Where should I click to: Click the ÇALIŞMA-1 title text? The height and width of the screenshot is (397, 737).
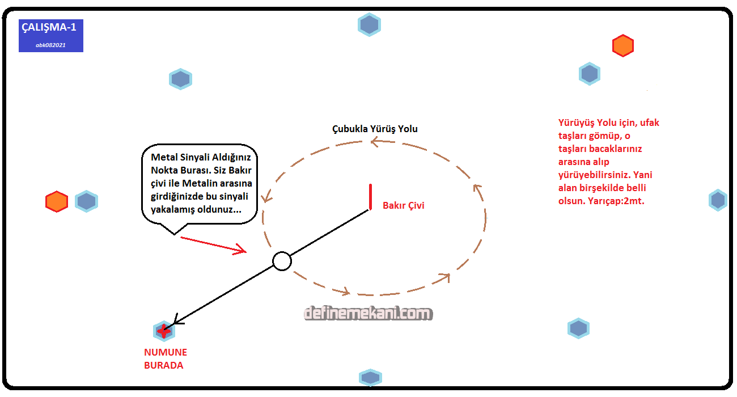[49, 27]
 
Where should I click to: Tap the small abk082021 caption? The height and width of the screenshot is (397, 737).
[50, 44]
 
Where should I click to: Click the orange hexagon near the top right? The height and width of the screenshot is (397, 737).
[622, 46]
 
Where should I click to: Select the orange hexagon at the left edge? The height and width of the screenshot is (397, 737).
[57, 202]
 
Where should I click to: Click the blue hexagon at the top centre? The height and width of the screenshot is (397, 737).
[369, 25]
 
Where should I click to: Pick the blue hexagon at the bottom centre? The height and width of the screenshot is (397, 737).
[370, 377]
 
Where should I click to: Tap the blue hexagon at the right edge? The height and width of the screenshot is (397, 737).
[718, 200]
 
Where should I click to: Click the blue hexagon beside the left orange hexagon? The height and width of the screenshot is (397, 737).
[86, 201]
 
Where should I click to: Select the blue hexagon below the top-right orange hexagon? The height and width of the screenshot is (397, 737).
[590, 74]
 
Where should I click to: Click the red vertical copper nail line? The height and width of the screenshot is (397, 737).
[370, 197]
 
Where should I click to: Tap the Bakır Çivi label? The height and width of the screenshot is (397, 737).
[403, 205]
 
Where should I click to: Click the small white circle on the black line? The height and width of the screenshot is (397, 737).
[282, 261]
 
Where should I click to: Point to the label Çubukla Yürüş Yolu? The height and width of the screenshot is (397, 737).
[375, 129]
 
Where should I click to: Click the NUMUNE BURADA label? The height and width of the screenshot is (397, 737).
[165, 359]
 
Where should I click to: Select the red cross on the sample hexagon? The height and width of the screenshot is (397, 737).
[164, 331]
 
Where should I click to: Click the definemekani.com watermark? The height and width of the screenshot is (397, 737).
[368, 314]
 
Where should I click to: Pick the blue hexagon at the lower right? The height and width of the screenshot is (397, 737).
[578, 328]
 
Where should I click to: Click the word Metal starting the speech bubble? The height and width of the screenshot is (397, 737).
[164, 157]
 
